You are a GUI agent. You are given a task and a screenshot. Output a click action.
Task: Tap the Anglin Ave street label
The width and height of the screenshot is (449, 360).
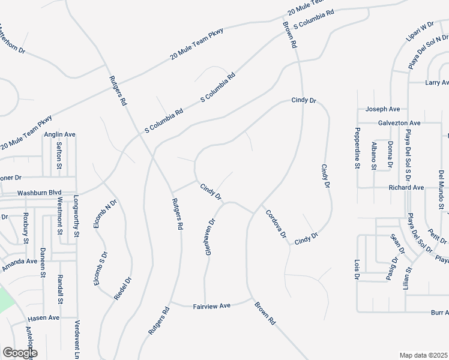coord(59,134)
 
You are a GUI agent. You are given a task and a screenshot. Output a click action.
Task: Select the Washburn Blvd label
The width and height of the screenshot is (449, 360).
coord(40,193)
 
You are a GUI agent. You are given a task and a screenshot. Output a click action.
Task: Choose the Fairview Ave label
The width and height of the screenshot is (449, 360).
coord(212,306)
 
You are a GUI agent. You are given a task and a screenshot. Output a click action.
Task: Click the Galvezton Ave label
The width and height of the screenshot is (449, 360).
coord(399,122)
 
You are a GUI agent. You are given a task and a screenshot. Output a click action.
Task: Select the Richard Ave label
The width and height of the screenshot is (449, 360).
coord(406,187)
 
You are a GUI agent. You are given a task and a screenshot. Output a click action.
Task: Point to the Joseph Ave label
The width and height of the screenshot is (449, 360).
coord(383,109)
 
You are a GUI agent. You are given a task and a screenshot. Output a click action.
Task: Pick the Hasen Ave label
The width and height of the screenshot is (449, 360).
coord(44,317)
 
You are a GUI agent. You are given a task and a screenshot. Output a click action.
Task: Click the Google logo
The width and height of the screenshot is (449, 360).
coord(20,353)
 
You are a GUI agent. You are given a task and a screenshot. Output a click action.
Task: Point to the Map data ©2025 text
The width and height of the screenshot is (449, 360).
coord(424,355)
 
